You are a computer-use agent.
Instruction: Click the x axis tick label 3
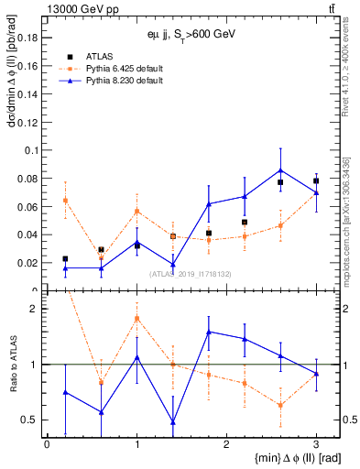(316, 443)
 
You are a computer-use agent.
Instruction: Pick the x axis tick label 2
(226, 443)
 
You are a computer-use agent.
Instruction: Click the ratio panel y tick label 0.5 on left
(29, 420)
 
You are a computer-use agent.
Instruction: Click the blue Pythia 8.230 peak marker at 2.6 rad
(280, 169)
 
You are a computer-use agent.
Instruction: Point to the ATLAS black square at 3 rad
(316, 180)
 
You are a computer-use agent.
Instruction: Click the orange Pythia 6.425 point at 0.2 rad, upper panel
(65, 200)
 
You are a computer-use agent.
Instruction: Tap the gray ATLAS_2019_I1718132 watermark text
(184, 273)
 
